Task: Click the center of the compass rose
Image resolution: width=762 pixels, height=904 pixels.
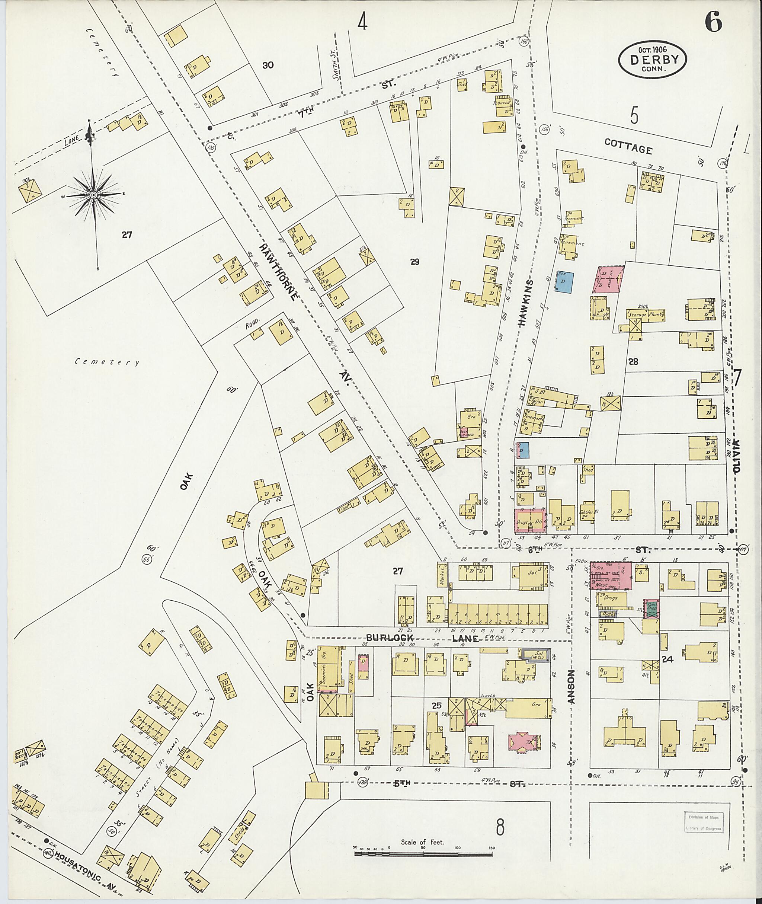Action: (93, 195)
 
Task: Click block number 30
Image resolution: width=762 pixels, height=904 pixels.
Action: (268, 65)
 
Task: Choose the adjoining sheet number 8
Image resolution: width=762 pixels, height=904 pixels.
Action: (500, 827)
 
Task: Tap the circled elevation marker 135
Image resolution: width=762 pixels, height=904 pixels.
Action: (211, 148)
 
